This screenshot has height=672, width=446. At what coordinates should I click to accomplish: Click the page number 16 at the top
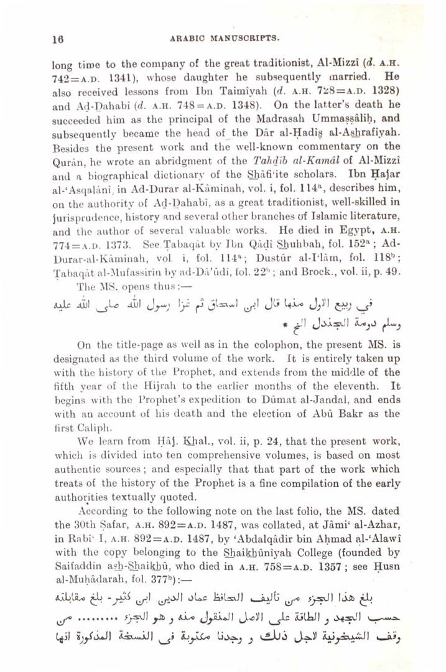[55, 37]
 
